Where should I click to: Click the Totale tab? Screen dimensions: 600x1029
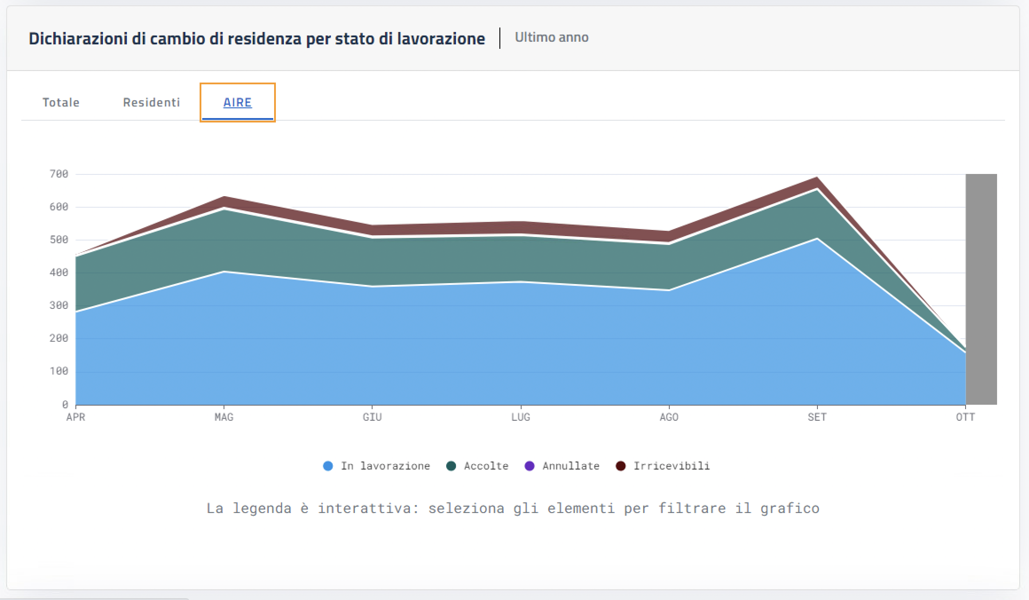tap(61, 103)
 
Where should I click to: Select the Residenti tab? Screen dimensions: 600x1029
tap(151, 103)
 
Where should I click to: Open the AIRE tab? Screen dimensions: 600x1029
tap(237, 103)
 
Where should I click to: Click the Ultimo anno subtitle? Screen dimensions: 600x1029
tap(551, 37)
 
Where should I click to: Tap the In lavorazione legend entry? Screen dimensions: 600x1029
tap(377, 466)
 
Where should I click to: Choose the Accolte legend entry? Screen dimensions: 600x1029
tap(478, 466)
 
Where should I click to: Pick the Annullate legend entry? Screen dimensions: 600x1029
tap(562, 466)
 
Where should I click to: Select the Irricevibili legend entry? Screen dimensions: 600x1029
tap(663, 466)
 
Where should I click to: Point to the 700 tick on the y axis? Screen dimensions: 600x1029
tap(59, 174)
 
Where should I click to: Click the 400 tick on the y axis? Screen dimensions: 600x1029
tap(59, 272)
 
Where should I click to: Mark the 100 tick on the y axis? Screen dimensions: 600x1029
tap(59, 371)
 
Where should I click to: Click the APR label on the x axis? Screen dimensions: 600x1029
tap(75, 417)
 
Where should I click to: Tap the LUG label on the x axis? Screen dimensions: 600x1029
tap(520, 417)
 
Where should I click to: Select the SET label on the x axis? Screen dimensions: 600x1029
tap(817, 417)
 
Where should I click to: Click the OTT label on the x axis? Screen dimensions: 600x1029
tap(965, 417)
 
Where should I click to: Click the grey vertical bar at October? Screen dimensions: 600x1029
tap(981, 288)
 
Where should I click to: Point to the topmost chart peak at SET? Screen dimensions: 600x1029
tap(817, 178)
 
